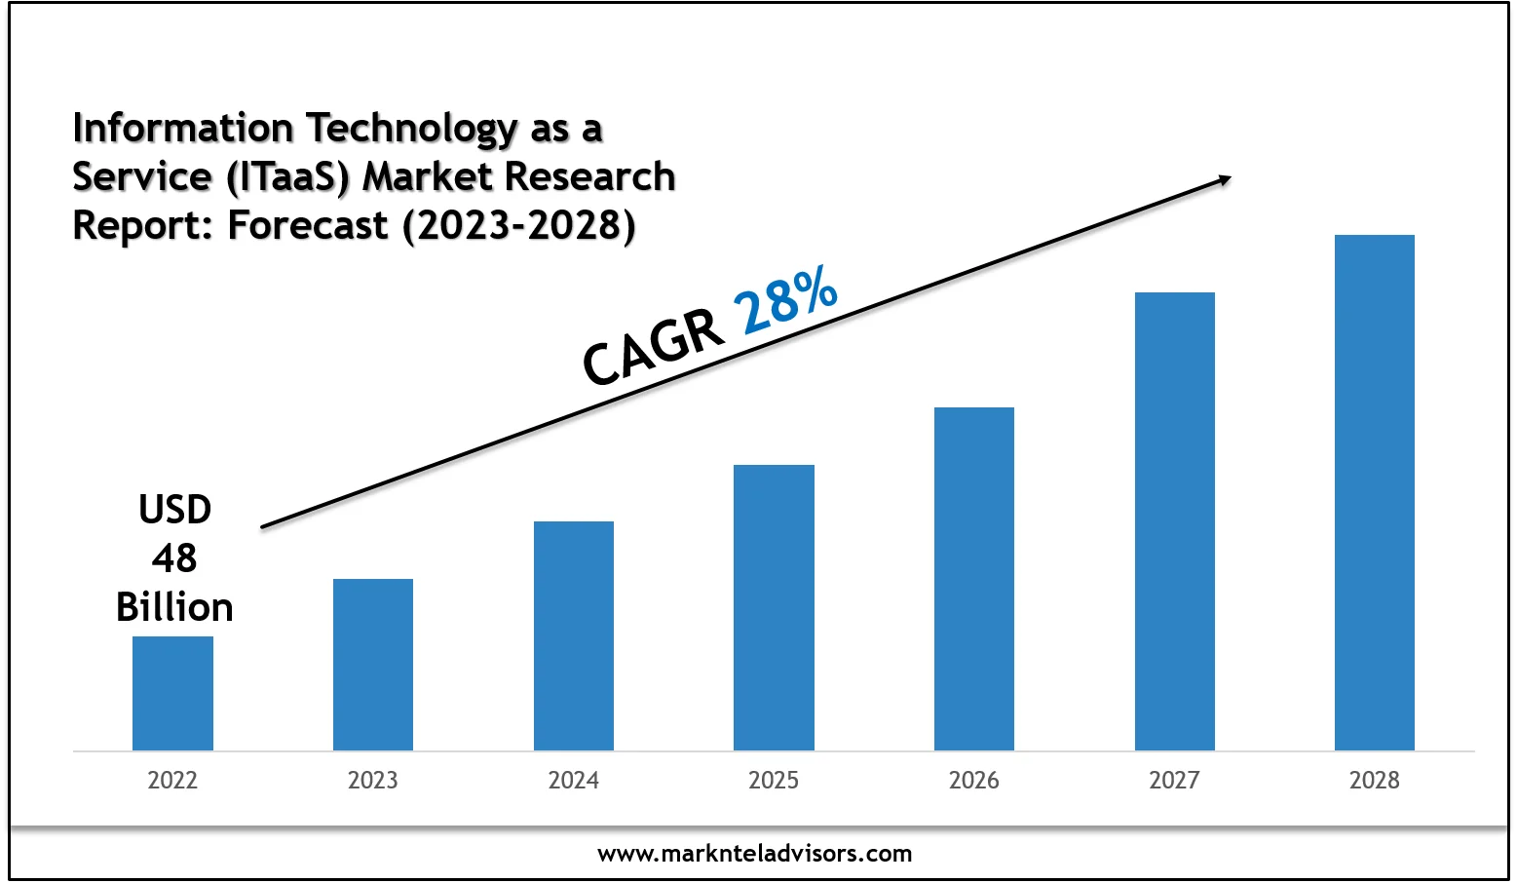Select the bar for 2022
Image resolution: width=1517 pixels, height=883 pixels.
click(x=172, y=693)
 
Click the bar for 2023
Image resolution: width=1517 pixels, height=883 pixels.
click(x=373, y=665)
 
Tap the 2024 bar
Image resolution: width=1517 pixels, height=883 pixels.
click(x=574, y=635)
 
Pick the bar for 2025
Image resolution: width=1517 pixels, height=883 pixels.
click(x=774, y=607)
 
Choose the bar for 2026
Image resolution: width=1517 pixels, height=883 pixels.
click(x=974, y=579)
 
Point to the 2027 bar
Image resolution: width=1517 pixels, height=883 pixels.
click(x=1175, y=521)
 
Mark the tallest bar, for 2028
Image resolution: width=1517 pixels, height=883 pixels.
click(x=1375, y=492)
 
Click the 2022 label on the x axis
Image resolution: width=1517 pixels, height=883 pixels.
click(x=172, y=780)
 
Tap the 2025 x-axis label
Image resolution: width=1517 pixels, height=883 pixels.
click(x=774, y=780)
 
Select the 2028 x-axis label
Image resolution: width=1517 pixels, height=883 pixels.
click(x=1375, y=780)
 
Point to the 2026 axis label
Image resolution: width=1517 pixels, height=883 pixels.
click(x=974, y=780)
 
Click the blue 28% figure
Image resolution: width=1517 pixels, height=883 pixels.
click(x=785, y=300)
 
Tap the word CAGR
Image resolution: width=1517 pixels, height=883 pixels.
click(x=654, y=348)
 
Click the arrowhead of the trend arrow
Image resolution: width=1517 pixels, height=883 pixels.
click(x=1224, y=179)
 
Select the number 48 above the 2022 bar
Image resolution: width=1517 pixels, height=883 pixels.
click(x=174, y=558)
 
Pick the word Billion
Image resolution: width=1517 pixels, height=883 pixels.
click(x=174, y=607)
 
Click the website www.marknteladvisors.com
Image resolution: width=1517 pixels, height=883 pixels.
click(x=755, y=854)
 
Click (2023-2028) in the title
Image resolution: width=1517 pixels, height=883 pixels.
click(x=519, y=225)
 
